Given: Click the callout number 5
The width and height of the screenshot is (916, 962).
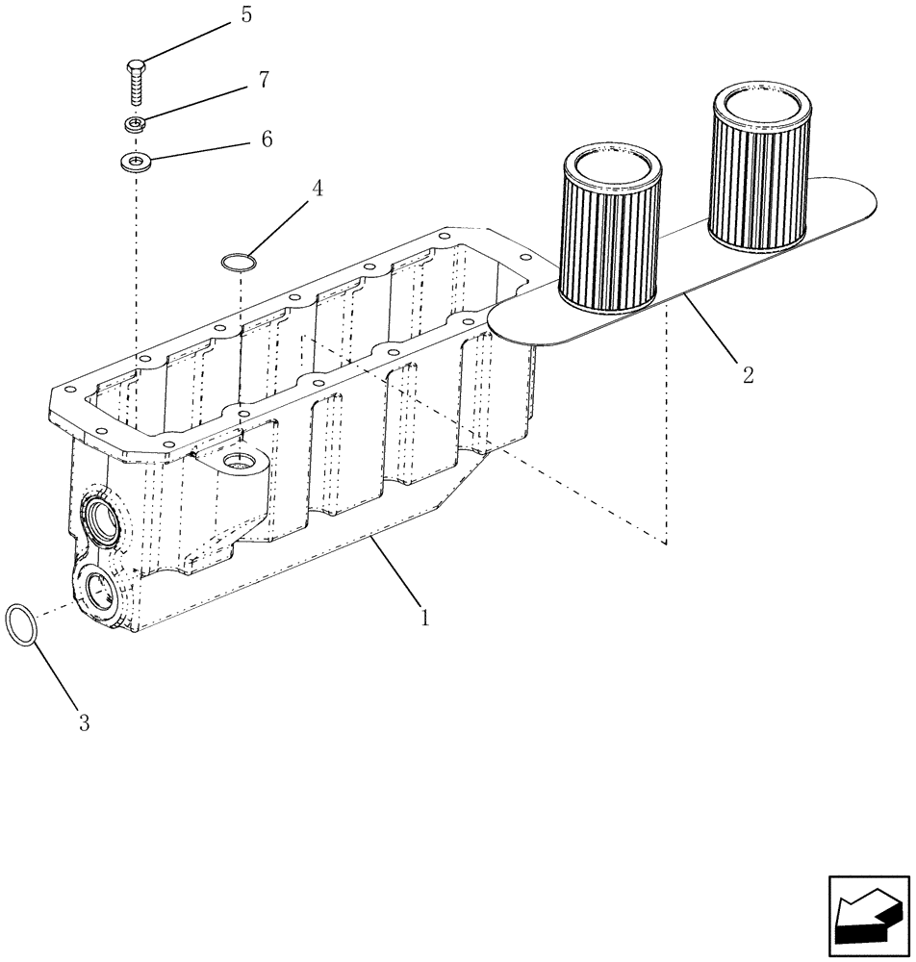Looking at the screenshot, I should (246, 15).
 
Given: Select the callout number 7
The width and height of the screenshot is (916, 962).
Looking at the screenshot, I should (263, 82).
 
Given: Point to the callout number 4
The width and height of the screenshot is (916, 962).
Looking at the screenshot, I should (316, 188).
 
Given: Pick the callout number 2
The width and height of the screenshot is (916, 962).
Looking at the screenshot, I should (747, 373).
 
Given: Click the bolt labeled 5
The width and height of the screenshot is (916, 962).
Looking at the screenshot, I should (136, 83).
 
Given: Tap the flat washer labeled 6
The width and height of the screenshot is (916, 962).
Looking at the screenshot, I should (138, 160).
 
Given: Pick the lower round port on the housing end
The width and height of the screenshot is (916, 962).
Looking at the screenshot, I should (101, 590).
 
